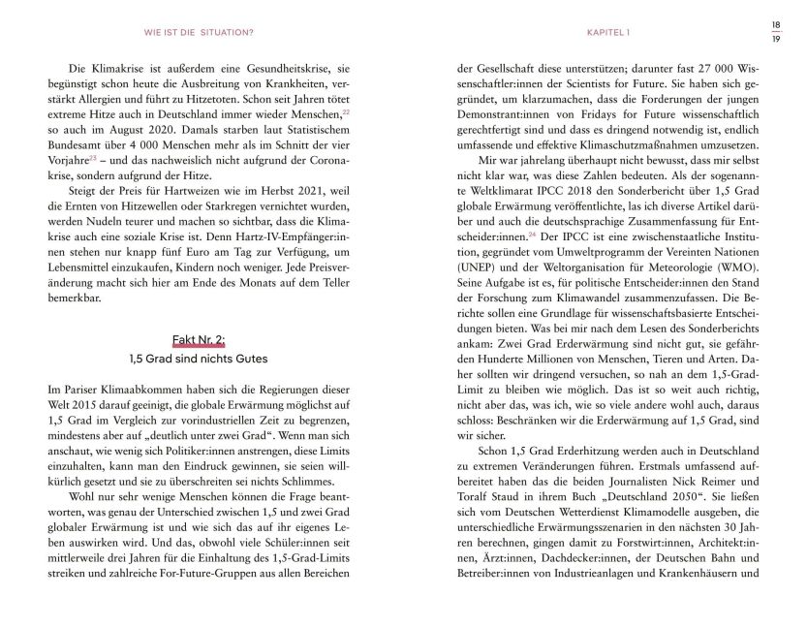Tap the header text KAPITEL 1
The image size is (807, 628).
click(x=608, y=32)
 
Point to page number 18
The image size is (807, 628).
click(x=775, y=24)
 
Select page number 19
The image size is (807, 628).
click(x=775, y=39)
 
